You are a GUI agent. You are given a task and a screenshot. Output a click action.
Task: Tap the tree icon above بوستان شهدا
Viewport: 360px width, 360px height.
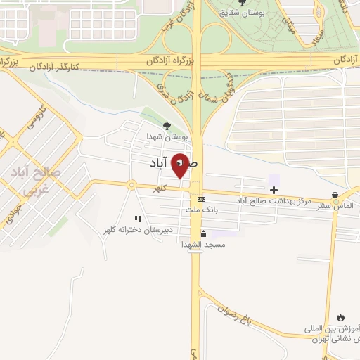tap(166, 126)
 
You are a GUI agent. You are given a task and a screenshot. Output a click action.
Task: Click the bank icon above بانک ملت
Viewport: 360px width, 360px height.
tap(201, 199)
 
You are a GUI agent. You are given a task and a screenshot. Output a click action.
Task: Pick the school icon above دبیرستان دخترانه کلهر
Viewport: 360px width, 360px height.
tap(138, 219)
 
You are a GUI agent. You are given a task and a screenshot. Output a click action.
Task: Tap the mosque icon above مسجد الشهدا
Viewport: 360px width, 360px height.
tap(204, 234)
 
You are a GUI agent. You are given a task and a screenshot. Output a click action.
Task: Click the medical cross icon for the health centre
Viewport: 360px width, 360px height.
tap(274, 190)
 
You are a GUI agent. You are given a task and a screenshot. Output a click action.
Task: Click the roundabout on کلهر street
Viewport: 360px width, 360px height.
tap(131, 185)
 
